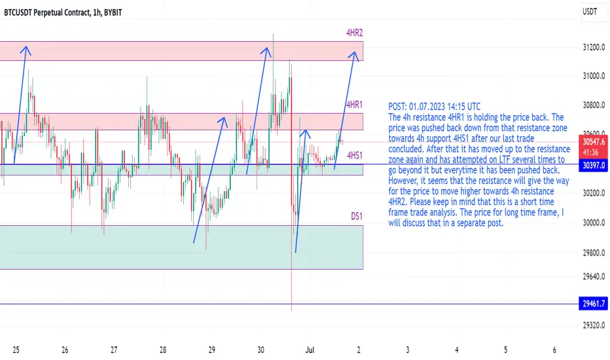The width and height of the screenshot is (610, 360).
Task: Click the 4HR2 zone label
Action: pyautogui.click(x=354, y=33)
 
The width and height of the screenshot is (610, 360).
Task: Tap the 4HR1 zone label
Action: pyautogui.click(x=354, y=104)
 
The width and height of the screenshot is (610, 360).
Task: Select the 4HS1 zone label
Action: pyautogui.click(x=355, y=155)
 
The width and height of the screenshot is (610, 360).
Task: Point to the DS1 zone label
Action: pyautogui.click(x=357, y=216)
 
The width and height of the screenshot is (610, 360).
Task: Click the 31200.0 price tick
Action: pyautogui.click(x=594, y=48)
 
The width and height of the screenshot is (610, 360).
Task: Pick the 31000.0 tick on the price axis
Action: pyautogui.click(x=594, y=76)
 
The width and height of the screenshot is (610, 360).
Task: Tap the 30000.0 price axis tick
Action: pyautogui.click(x=594, y=223)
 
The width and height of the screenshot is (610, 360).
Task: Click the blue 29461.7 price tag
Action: pyautogui.click(x=594, y=304)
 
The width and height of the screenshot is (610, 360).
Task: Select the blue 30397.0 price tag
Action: pyautogui.click(x=594, y=166)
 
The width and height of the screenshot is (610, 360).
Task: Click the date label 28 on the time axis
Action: pyautogui.click(x=162, y=350)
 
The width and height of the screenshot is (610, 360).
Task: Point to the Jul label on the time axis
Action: pyautogui.click(x=310, y=350)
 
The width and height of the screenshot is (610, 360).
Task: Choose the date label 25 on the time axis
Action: pyautogui.click(x=16, y=350)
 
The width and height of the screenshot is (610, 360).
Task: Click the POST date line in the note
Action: pyautogui.click(x=434, y=107)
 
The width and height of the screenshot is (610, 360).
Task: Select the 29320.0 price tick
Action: pyautogui.click(x=594, y=325)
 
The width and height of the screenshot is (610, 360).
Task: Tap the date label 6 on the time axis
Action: pyautogui.click(x=554, y=350)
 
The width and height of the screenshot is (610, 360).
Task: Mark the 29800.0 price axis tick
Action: pyautogui.click(x=594, y=253)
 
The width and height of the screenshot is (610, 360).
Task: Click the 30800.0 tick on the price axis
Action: pyautogui.click(x=594, y=105)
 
